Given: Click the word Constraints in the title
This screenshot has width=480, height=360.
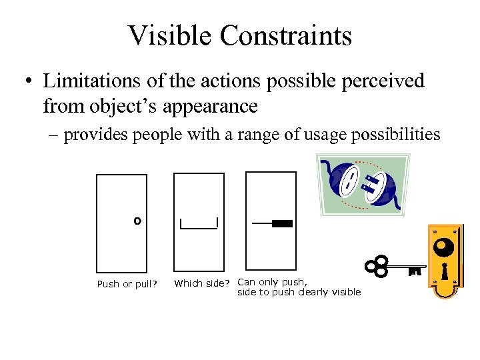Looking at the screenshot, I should point(285,36).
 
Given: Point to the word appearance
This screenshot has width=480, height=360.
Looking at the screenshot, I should point(214,105).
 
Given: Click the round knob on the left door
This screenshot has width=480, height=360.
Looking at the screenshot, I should point(137,220).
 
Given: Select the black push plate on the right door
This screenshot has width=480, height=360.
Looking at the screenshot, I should point(282,224).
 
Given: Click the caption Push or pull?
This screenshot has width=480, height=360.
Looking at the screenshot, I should point(127,284).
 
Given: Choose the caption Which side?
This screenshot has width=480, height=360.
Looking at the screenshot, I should point(203,284).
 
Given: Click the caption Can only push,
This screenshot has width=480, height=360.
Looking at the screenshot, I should point(272,282).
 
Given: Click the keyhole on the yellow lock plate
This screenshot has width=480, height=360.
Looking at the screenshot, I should point(445,271).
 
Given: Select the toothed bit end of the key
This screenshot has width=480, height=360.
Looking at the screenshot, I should point(416,271).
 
